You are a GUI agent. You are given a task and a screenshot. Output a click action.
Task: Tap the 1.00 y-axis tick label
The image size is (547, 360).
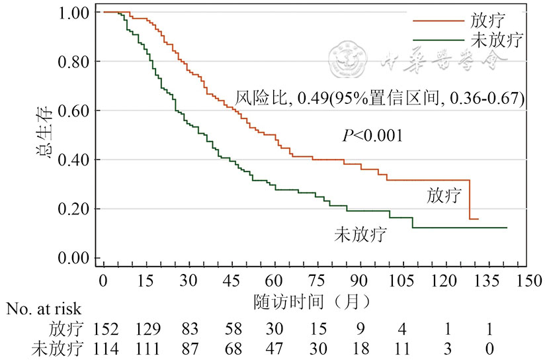(x=75, y=13)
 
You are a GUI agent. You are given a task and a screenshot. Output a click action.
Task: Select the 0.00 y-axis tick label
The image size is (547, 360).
(x=75, y=258)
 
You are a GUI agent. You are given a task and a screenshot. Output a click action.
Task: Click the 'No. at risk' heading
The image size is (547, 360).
(x=44, y=310)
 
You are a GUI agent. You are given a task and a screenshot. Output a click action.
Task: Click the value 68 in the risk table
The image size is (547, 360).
(x=231, y=349)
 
